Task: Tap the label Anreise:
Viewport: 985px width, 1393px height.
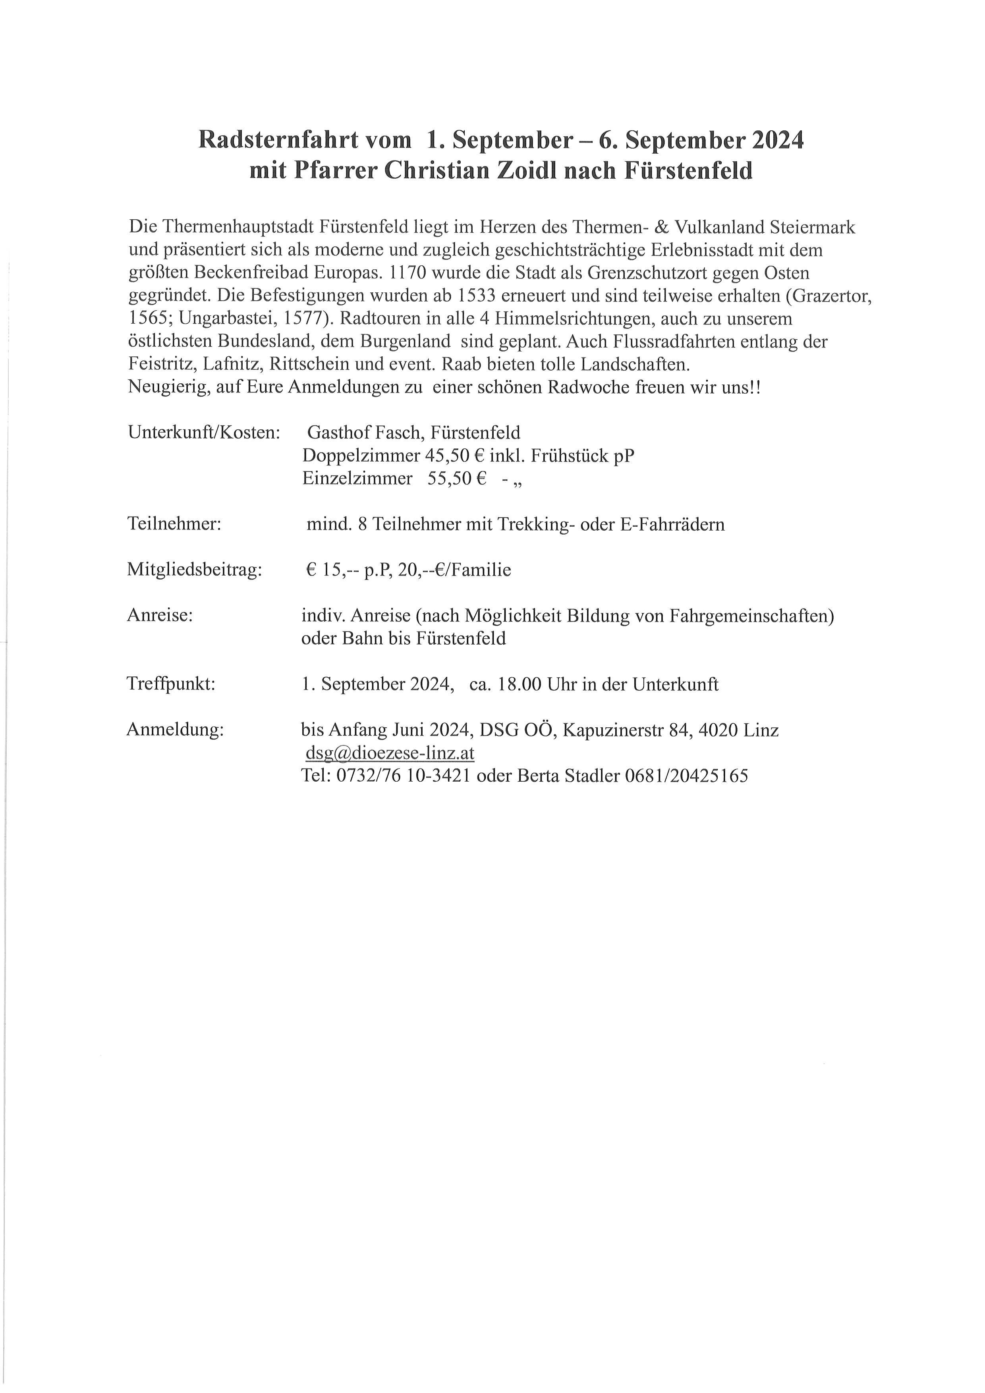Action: pyautogui.click(x=160, y=615)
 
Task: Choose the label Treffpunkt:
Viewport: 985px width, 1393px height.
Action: pyautogui.click(x=171, y=684)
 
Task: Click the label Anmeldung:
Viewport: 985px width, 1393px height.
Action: pyautogui.click(x=175, y=730)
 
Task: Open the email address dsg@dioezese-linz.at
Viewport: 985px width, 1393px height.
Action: pyautogui.click(x=389, y=753)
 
